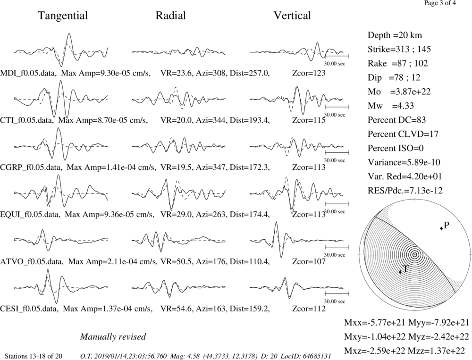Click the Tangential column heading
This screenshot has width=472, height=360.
63,16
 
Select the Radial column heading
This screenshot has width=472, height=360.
171,16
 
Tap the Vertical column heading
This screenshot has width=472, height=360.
292,16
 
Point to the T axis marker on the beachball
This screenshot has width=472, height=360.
400,272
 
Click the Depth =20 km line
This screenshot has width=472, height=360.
395,35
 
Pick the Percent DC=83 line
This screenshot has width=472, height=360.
397,120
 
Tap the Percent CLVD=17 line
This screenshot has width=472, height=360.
403,134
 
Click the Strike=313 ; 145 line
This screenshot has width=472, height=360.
399,49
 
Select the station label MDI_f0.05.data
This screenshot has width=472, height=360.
28,73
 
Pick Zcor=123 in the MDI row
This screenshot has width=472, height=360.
309,73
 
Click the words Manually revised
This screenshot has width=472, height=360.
113,336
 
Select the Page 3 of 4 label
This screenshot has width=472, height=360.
440,3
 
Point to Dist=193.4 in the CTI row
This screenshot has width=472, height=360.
250,120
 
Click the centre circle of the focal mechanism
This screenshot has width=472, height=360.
414,255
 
